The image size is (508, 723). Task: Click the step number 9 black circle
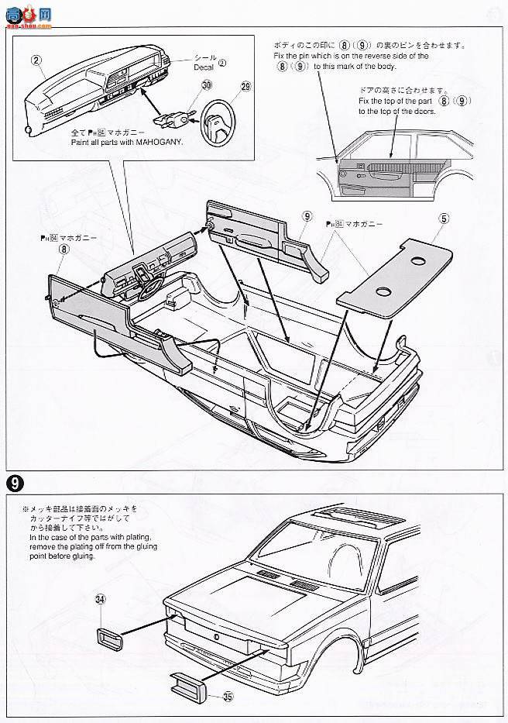(14, 481)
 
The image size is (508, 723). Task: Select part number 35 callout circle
(228, 696)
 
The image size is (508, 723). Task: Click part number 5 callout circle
(442, 219)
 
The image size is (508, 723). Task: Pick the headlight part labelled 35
(190, 687)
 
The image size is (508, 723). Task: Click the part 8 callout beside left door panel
(63, 249)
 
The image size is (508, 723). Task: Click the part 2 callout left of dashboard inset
(35, 59)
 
